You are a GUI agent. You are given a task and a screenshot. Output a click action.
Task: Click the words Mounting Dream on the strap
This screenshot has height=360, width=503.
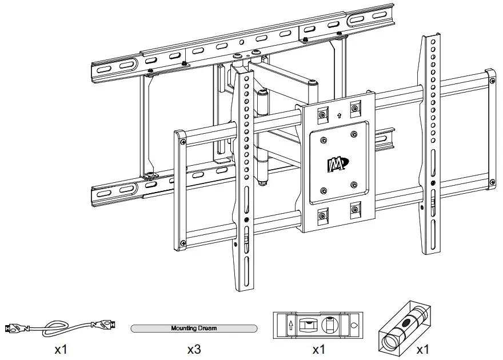click(x=194, y=329)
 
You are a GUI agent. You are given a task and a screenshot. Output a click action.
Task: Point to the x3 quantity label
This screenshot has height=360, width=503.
click(x=194, y=348)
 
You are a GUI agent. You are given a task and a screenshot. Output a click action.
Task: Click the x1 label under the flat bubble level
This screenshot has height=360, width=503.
click(x=320, y=348)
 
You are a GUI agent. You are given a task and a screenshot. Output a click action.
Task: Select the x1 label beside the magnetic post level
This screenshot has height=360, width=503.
click(x=422, y=348)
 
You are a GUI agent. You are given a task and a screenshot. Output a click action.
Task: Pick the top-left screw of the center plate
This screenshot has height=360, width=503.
click(x=322, y=115)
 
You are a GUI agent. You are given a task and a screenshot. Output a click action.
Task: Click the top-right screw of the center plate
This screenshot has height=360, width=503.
click(x=354, y=109)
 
